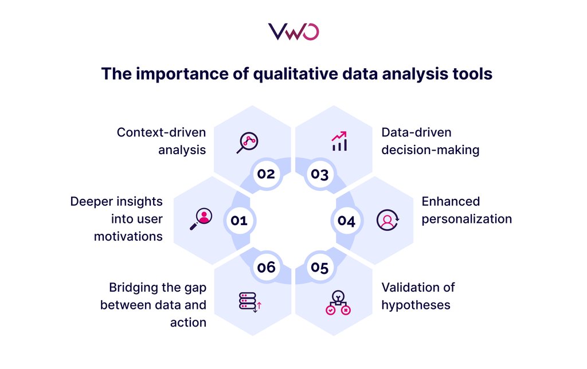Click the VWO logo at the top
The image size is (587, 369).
(x=293, y=32)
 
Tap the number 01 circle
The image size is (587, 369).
(x=238, y=220)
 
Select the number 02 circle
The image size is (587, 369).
(x=266, y=173)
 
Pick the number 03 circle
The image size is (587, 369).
(x=319, y=173)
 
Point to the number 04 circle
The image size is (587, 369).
(x=346, y=220)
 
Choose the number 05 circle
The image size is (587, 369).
(x=319, y=268)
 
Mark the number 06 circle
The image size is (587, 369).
(x=266, y=268)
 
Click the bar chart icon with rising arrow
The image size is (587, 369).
(x=339, y=141)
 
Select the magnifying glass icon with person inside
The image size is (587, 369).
(x=201, y=219)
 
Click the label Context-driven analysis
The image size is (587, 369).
(x=162, y=141)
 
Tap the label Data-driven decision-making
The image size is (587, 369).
(x=430, y=141)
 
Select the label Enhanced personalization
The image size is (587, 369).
(x=466, y=210)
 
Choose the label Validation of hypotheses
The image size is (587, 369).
(x=418, y=296)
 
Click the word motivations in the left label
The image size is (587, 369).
(x=128, y=236)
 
